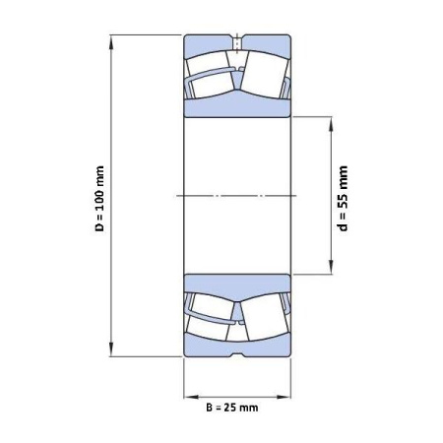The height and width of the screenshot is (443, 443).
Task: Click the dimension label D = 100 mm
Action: pyautogui.click(x=99, y=199)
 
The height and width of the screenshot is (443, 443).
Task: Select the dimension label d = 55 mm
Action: pyautogui.click(x=343, y=198)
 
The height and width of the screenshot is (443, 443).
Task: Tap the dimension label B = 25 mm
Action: pyautogui.click(x=232, y=408)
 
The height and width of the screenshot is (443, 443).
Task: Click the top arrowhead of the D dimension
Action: pyautogui.click(x=111, y=42)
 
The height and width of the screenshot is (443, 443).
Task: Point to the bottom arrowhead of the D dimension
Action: pyautogui.click(x=111, y=348)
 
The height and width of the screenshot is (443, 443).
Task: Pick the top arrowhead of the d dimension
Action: pyautogui.click(x=331, y=124)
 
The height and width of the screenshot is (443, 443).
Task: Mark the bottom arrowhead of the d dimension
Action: pyautogui.click(x=331, y=267)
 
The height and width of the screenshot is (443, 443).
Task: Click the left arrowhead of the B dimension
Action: pyautogui.click(x=191, y=397)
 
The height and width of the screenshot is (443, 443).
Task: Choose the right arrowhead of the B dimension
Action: pyautogui.click(x=284, y=397)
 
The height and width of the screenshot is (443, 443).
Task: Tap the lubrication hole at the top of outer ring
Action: pyautogui.click(x=237, y=42)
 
